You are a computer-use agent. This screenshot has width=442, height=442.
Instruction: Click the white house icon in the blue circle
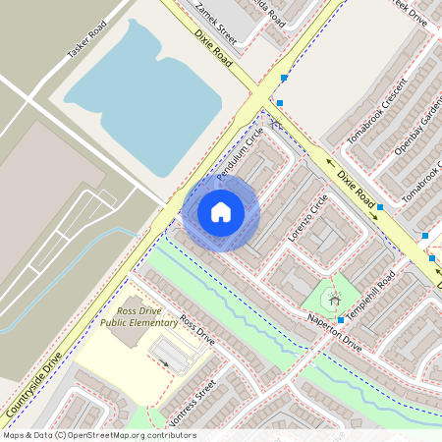point(221,212)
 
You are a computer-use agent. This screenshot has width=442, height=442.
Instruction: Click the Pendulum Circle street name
point(240,155)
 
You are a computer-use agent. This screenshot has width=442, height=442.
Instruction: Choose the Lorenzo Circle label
point(306,218)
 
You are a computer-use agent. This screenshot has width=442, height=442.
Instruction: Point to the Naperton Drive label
point(334,333)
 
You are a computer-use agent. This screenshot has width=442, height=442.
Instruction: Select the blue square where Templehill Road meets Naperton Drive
point(340,320)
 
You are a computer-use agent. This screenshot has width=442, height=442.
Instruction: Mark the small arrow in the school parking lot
point(164,363)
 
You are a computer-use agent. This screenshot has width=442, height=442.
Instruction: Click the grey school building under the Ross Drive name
point(129,335)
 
